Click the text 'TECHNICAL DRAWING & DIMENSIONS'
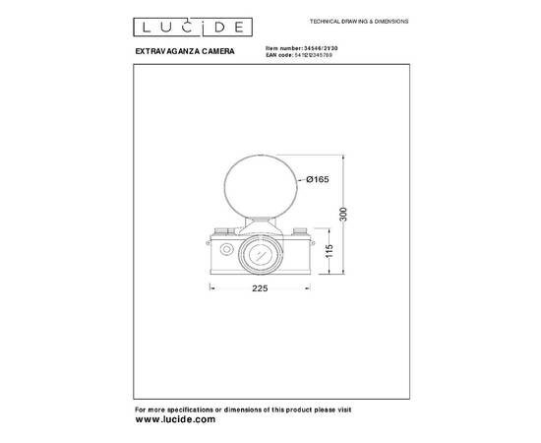(360, 21)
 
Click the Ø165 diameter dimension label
(317, 178)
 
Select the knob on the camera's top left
(223, 231)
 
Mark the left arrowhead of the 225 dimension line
(211, 286)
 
